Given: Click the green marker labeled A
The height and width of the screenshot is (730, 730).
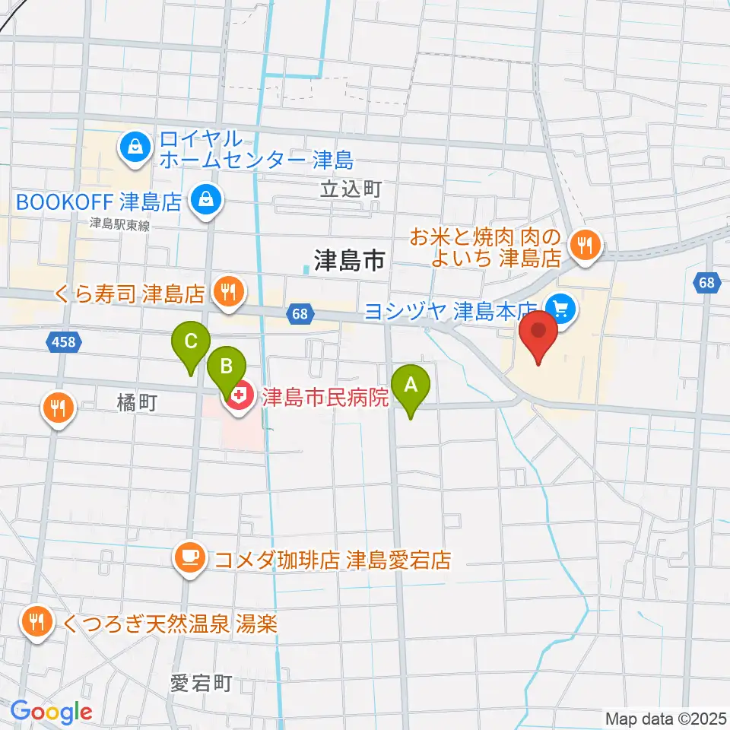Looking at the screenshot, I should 411,385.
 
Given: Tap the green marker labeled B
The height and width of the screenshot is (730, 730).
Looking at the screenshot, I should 227,367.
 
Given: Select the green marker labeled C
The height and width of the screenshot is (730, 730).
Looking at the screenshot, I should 191,340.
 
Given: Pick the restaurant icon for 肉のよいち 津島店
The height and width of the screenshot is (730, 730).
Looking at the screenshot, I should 585,245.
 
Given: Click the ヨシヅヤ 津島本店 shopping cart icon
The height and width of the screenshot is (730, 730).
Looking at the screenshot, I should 561,308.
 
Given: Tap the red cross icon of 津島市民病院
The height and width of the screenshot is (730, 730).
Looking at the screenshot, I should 239,396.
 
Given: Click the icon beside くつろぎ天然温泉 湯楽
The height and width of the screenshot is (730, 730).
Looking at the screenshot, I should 36,623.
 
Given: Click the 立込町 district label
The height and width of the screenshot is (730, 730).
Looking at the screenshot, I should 350,189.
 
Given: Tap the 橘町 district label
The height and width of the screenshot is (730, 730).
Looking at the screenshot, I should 137,403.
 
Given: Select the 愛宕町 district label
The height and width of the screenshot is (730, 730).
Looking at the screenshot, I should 201,683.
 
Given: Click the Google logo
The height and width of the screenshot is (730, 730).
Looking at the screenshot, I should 51,712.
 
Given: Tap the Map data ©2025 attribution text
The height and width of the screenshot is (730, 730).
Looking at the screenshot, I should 666,718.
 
